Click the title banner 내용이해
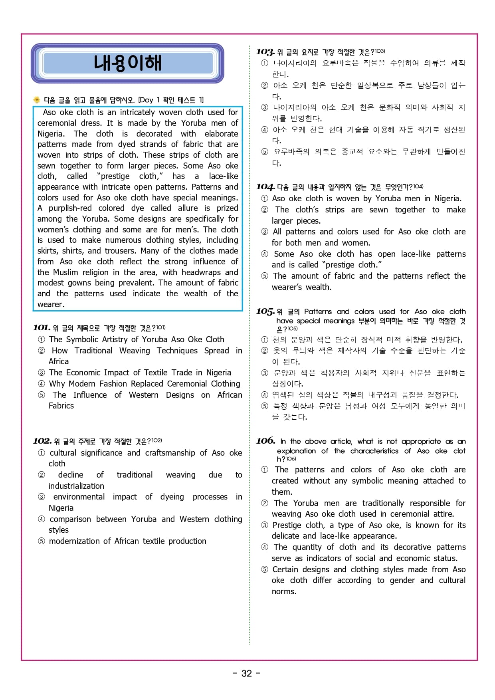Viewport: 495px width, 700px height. pos(127,63)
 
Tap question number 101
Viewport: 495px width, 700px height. pos(42,328)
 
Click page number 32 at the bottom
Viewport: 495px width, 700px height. pos(247,673)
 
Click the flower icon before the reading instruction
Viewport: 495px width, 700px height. pos(37,100)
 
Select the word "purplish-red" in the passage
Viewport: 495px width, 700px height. pos(70,208)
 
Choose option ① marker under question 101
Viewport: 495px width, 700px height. pos(42,340)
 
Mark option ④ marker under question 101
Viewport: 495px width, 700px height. pos(42,384)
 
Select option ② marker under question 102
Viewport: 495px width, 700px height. pos(42,475)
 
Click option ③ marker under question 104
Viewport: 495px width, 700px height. pos(265,232)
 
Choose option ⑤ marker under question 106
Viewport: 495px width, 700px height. pos(265,570)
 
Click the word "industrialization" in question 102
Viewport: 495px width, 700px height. pos(76,486)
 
